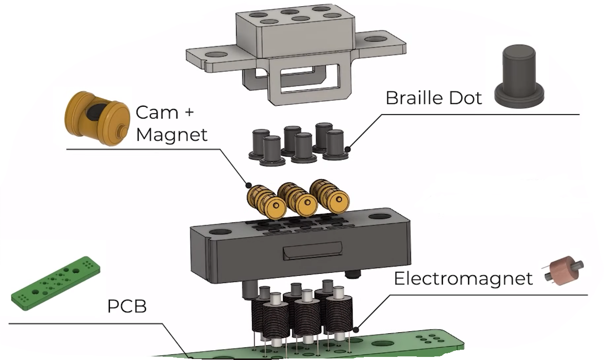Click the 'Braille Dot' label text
click(x=433, y=98)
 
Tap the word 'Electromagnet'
click(x=463, y=278)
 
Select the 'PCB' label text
click(x=127, y=307)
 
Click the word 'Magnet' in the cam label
click(x=171, y=135)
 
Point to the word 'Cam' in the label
click(x=157, y=112)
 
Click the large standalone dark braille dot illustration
click(x=519, y=76)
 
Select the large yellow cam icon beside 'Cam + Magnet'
click(x=96, y=118)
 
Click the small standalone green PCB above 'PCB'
click(x=55, y=283)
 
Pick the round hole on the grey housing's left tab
click(x=216, y=55)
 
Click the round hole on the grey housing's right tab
click(x=376, y=39)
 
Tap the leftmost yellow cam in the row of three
click(x=266, y=202)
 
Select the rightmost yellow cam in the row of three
click(x=330, y=196)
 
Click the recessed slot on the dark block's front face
click(x=313, y=251)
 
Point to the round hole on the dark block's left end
click(x=220, y=233)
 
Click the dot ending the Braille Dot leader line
click(x=347, y=149)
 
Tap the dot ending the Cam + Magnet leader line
click(x=248, y=185)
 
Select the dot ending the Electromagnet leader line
click(x=356, y=330)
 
